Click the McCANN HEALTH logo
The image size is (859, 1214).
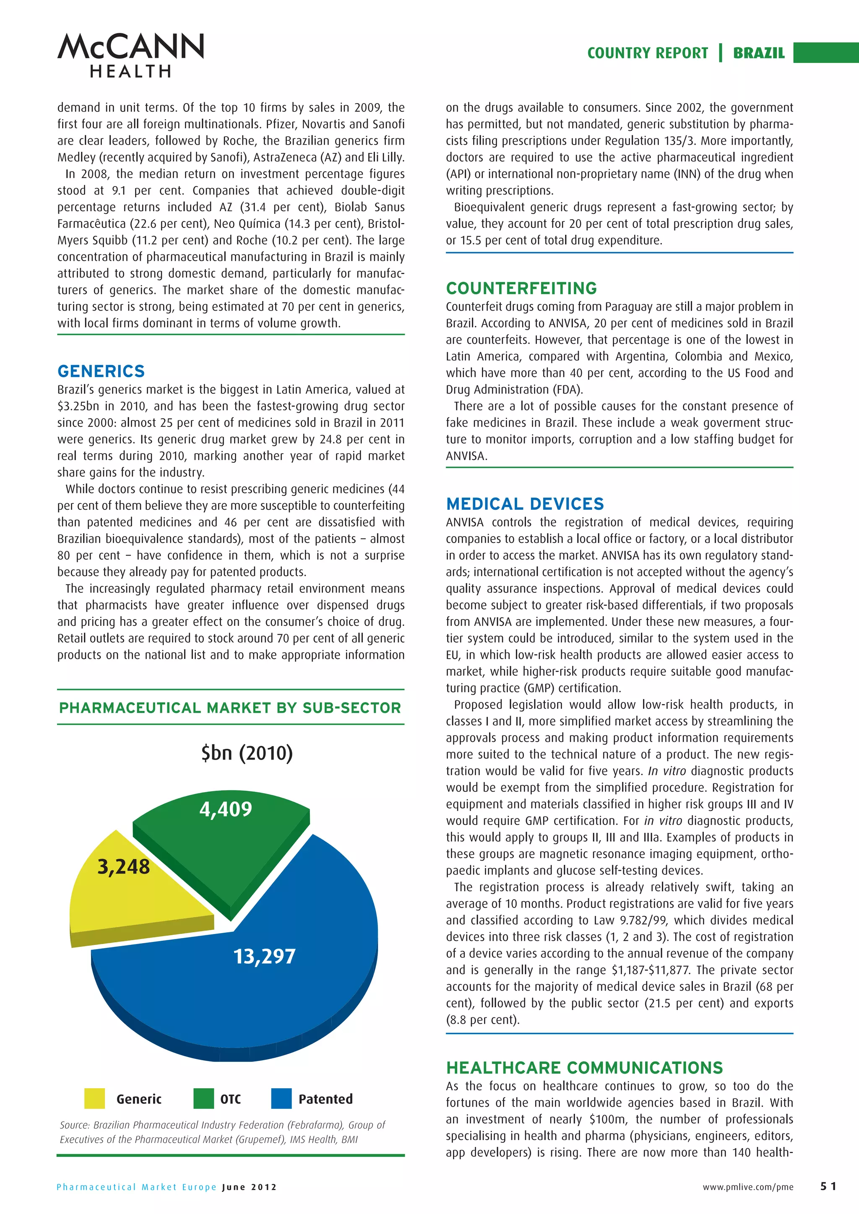point(130,55)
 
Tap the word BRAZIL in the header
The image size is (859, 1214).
point(758,53)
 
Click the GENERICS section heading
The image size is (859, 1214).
point(101,371)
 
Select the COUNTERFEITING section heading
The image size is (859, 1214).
point(521,288)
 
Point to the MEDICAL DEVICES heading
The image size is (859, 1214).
point(524,503)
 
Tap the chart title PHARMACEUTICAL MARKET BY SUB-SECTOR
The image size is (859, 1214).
point(230,708)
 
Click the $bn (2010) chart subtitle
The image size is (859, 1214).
point(247,752)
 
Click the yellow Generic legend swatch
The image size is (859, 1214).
point(95,1098)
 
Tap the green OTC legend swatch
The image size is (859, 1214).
point(203,1098)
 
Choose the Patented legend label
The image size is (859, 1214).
point(325,1099)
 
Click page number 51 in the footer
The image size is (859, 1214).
point(828,1186)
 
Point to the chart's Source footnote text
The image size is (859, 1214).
point(222,1131)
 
